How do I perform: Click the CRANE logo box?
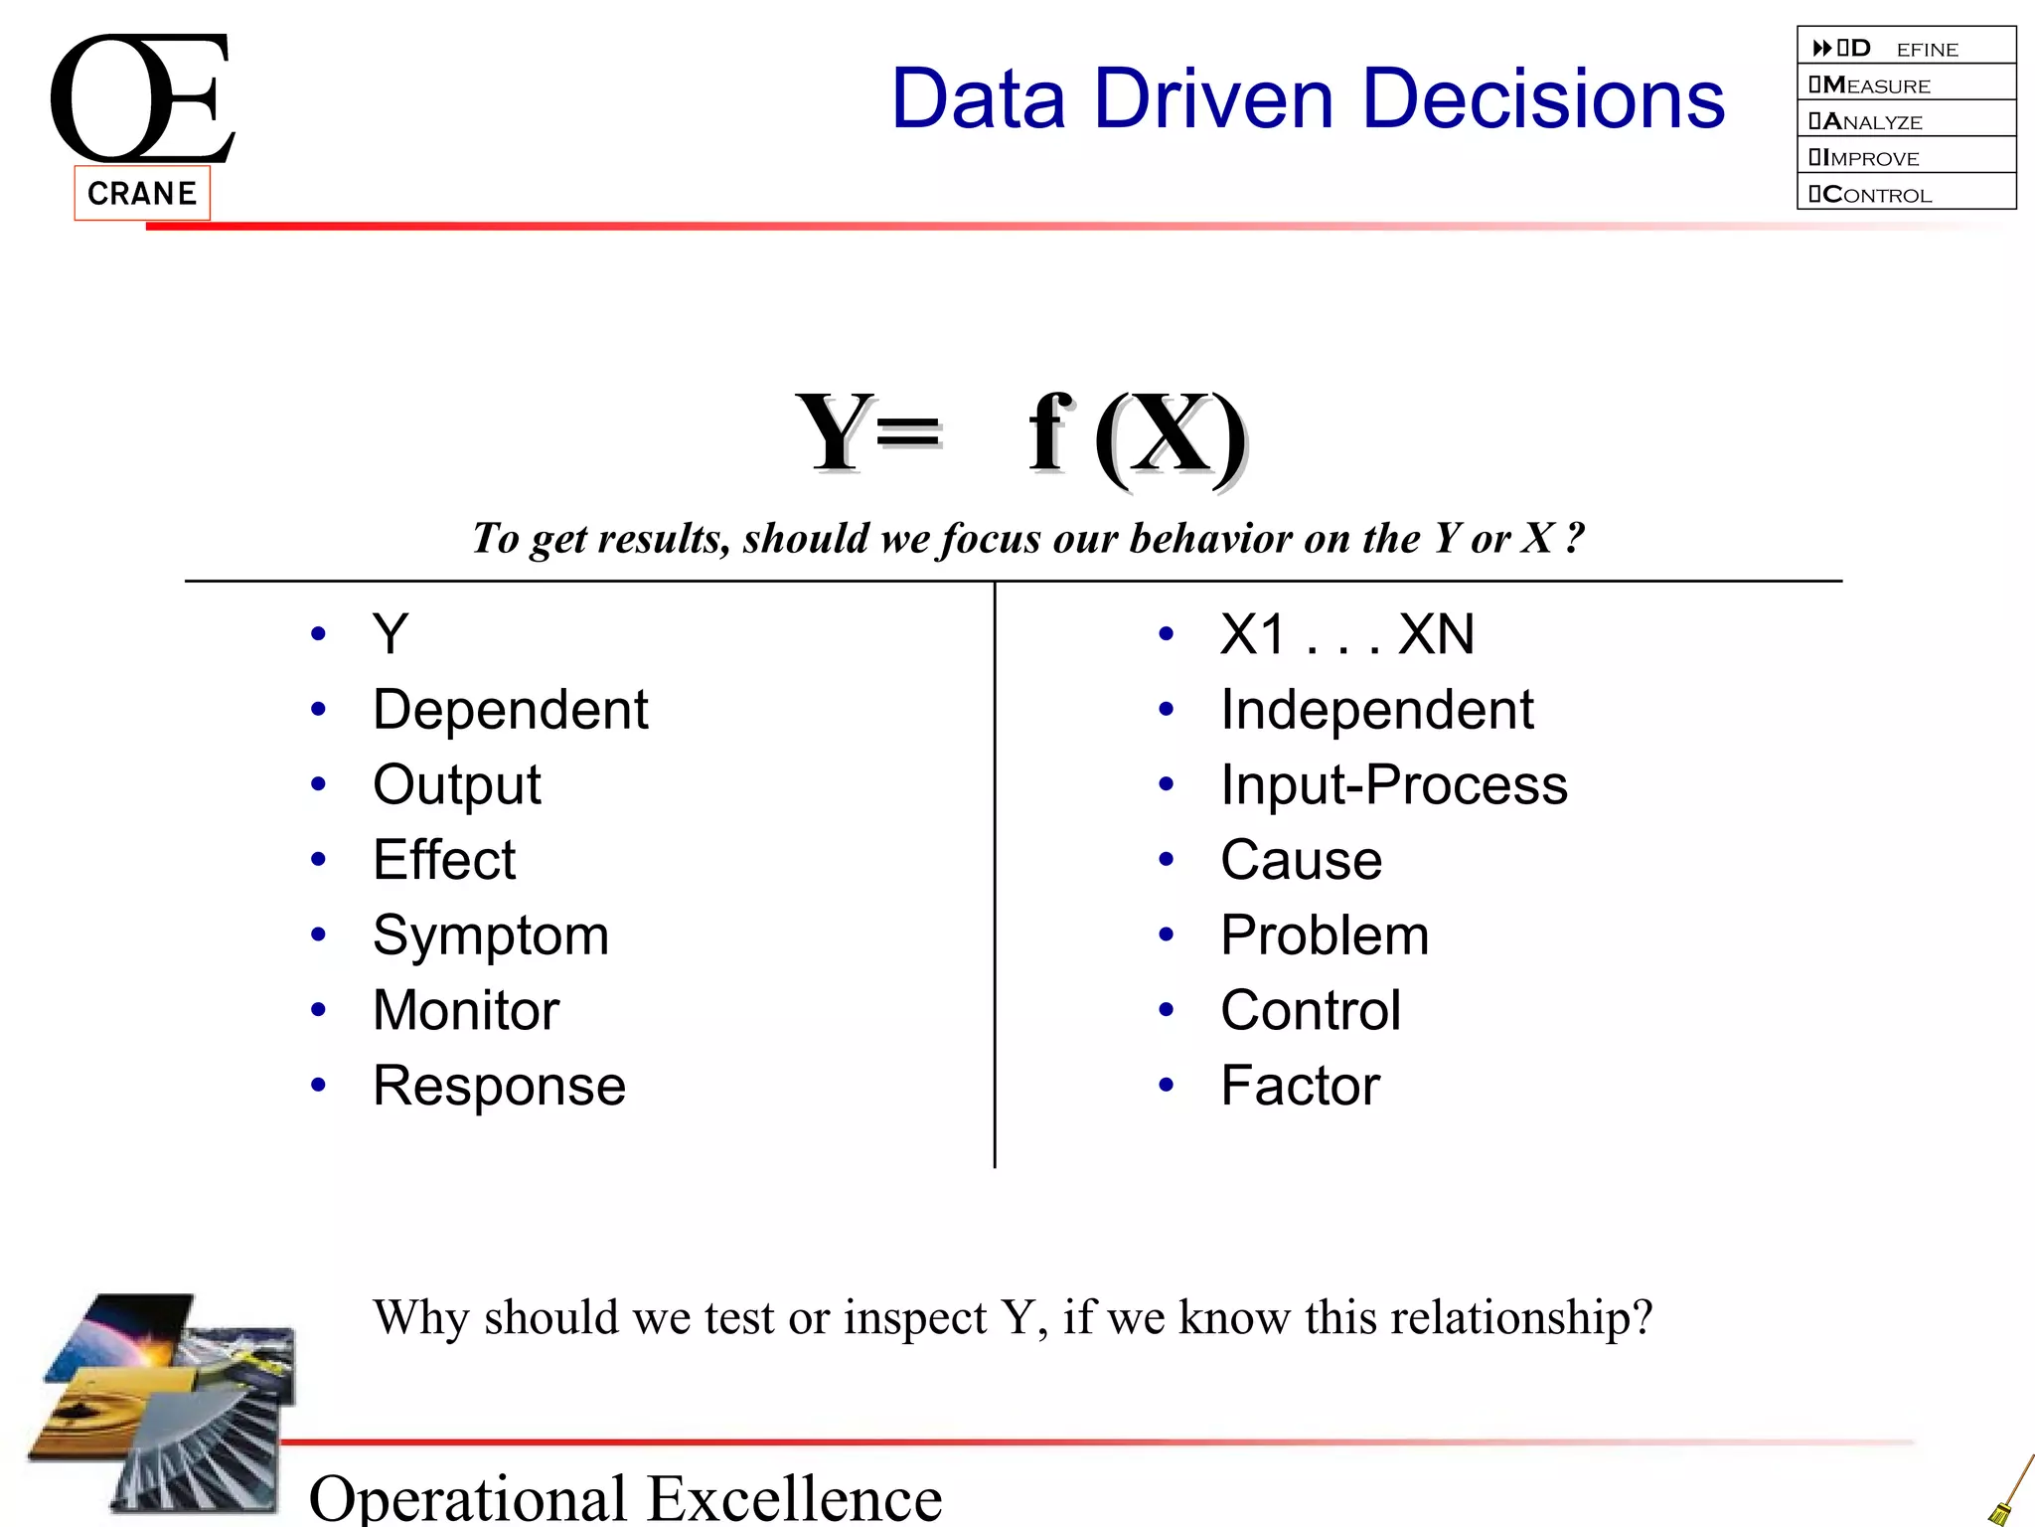142,193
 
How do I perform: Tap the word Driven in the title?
1212,98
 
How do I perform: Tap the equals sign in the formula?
907,433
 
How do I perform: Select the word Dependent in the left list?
510,710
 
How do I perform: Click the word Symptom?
490,936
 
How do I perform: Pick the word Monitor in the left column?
465,1010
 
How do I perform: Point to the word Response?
499,1086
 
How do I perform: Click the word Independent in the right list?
1376,710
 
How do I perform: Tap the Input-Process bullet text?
1393,785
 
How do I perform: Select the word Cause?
1301,860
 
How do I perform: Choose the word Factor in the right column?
1300,1086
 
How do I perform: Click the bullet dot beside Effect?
318,859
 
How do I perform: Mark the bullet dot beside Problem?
1167,934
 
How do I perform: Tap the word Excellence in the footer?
794,1497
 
